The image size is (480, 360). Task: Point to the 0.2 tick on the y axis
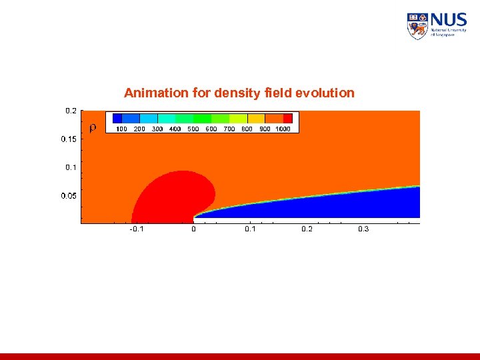click(71, 111)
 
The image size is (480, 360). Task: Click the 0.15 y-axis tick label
click(69, 139)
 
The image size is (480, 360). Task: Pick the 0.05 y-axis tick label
click(69, 195)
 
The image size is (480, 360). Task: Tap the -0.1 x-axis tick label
click(136, 229)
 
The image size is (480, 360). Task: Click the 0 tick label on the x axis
click(193, 229)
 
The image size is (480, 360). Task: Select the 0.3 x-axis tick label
click(363, 229)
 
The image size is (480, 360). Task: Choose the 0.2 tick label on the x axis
click(307, 229)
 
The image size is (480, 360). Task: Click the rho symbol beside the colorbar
click(93, 127)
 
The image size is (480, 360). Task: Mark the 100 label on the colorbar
click(121, 129)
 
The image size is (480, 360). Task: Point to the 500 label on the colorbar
click(193, 129)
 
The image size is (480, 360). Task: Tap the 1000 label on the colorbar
click(283, 129)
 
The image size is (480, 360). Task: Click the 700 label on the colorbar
click(229, 129)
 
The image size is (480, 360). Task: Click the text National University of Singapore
click(449, 31)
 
